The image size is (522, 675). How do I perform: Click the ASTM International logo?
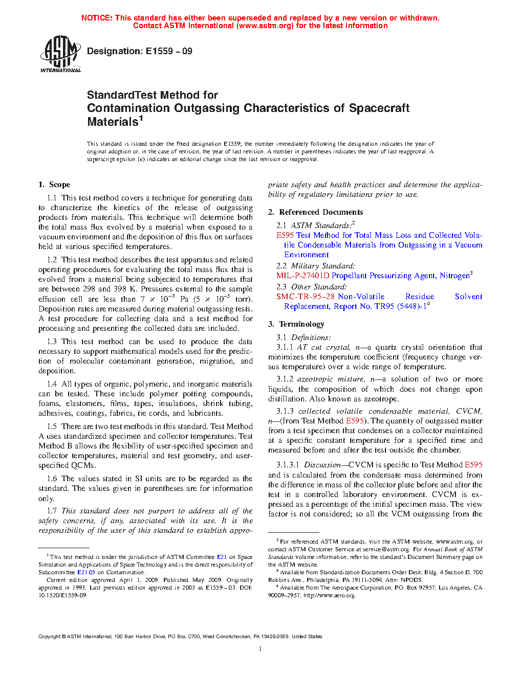[x=60, y=54]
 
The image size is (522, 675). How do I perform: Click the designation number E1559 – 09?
[x=169, y=51]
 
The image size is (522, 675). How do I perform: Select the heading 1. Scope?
[x=55, y=185]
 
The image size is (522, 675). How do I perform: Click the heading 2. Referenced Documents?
[x=316, y=212]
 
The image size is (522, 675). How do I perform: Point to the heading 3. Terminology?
[x=296, y=324]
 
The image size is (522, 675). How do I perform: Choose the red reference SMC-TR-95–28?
[x=306, y=297]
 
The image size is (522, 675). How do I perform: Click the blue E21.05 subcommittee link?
[x=86, y=572]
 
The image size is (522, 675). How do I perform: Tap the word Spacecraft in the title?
[x=379, y=108]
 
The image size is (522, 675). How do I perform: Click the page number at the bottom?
[x=260, y=649]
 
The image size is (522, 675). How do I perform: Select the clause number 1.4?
[x=52, y=384]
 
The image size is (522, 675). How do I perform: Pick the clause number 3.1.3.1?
[x=288, y=465]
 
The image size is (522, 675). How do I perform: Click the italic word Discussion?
[x=322, y=465]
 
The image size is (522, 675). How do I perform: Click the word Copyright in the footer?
[x=49, y=637]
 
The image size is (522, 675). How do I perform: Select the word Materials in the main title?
[x=113, y=122]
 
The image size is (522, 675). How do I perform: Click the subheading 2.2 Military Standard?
[x=315, y=266]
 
